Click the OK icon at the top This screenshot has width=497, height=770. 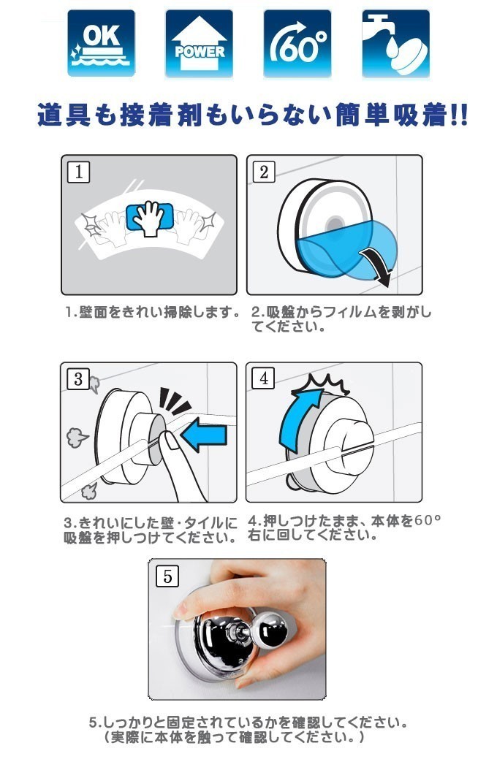101,43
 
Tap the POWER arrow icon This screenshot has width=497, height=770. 200,43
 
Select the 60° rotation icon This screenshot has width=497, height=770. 297,43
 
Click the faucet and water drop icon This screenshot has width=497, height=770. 396,43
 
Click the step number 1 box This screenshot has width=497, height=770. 79,172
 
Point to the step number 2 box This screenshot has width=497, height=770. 264,172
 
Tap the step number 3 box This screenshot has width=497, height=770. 79,379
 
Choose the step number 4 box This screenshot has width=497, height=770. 264,378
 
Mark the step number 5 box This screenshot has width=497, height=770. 167,576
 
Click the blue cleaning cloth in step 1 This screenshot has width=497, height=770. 150,217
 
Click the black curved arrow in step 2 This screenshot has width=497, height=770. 377,266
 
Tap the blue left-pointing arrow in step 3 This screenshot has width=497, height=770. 204,435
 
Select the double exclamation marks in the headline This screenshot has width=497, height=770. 459,116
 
